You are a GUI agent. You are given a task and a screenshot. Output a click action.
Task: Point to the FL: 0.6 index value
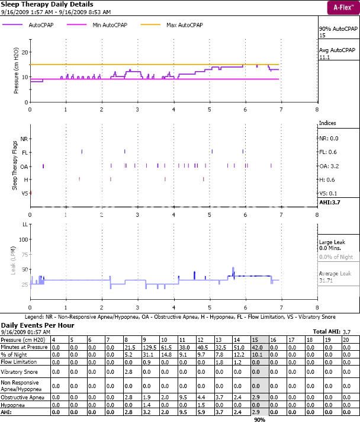point(328,152)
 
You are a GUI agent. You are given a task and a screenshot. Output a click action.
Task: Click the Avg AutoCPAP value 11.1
point(324,58)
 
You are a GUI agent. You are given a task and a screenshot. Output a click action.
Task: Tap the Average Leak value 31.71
point(327,280)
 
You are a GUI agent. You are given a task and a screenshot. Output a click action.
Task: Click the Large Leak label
point(332,243)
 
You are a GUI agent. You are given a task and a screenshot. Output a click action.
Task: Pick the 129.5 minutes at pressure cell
point(149,346)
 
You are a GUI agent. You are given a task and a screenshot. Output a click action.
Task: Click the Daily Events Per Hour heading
point(36,325)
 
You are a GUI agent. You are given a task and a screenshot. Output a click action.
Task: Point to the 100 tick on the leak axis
point(24,239)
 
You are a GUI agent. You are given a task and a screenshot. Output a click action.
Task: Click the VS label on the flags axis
point(24,193)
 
